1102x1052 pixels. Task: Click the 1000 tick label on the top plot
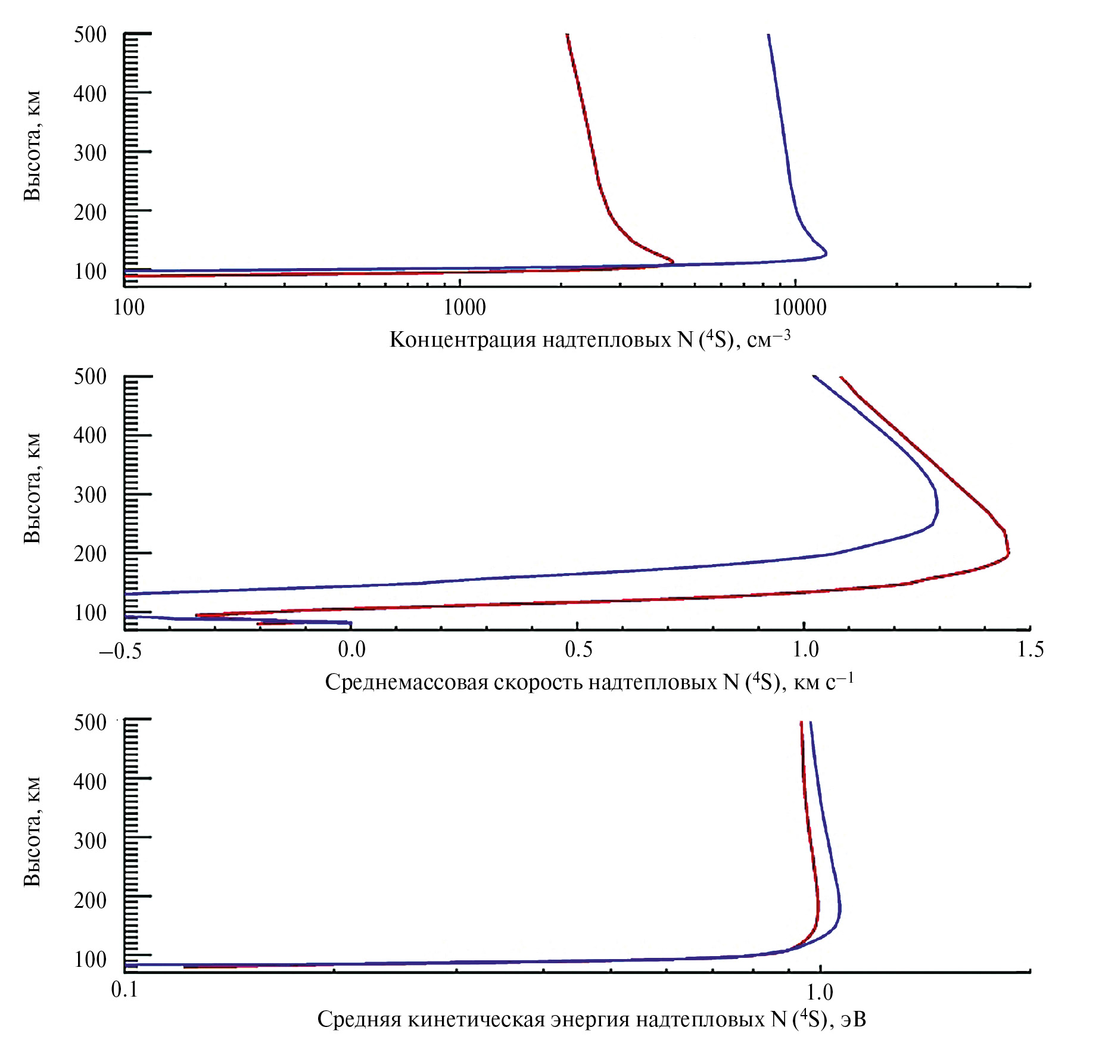[x=465, y=307]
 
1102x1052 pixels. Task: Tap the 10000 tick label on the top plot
[x=800, y=307]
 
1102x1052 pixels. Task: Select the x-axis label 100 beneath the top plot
[x=129, y=307]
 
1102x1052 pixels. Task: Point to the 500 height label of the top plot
[x=90, y=35]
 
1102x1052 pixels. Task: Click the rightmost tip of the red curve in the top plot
[x=673, y=261]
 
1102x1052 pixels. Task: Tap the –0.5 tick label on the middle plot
[x=120, y=651]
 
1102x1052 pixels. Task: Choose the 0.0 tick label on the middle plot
[x=351, y=649]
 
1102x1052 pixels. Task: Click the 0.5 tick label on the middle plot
[x=578, y=649]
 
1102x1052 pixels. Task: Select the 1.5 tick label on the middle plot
[x=1031, y=649]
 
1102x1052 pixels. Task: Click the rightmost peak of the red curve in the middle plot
[x=1008, y=552]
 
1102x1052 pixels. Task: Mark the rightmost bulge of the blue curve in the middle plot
[x=938, y=511]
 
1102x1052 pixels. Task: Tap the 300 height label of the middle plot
[x=90, y=494]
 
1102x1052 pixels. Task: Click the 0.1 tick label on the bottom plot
[x=124, y=989]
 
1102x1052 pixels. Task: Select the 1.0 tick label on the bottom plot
[x=820, y=992]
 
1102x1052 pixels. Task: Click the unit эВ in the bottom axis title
[x=853, y=1019]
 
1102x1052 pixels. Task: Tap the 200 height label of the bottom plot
[x=90, y=900]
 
